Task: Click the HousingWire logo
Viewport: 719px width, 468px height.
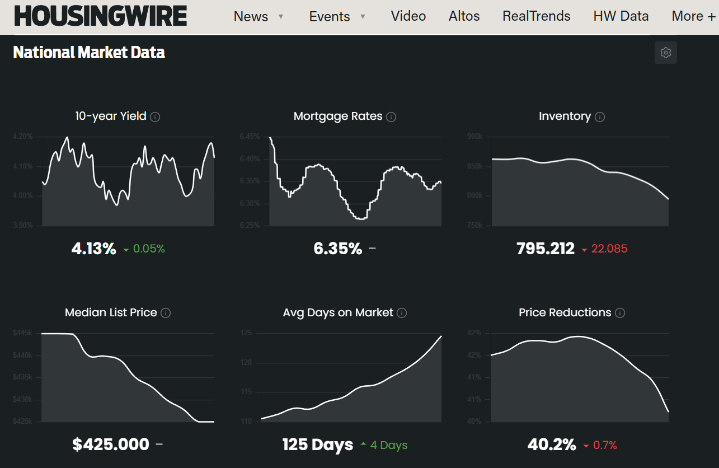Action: coord(101,16)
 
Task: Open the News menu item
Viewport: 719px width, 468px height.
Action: coord(251,16)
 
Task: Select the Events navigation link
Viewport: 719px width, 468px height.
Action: coord(330,16)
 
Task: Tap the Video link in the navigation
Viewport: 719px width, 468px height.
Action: coord(408,16)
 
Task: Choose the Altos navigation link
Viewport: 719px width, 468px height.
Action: coord(464,16)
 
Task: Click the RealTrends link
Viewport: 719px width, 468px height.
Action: coord(537,16)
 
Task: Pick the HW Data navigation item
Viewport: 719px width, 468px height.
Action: coord(621,16)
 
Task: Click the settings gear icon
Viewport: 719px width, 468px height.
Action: coord(666,53)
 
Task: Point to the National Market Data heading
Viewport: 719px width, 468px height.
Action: coord(89,52)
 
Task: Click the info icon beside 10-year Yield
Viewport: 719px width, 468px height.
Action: coord(156,117)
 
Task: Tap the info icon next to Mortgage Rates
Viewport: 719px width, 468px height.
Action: coord(392,117)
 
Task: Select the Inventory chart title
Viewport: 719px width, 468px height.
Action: coord(565,116)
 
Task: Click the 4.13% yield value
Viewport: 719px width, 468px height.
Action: coord(93,249)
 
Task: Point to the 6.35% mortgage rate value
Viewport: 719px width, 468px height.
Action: coord(338,249)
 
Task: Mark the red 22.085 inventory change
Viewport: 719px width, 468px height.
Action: coord(609,249)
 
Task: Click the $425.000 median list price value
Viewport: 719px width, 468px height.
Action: coord(111,444)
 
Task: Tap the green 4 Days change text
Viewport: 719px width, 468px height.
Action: coord(389,445)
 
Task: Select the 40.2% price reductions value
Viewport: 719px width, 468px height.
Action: coord(552,444)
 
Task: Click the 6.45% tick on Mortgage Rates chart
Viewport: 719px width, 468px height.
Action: coord(250,137)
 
